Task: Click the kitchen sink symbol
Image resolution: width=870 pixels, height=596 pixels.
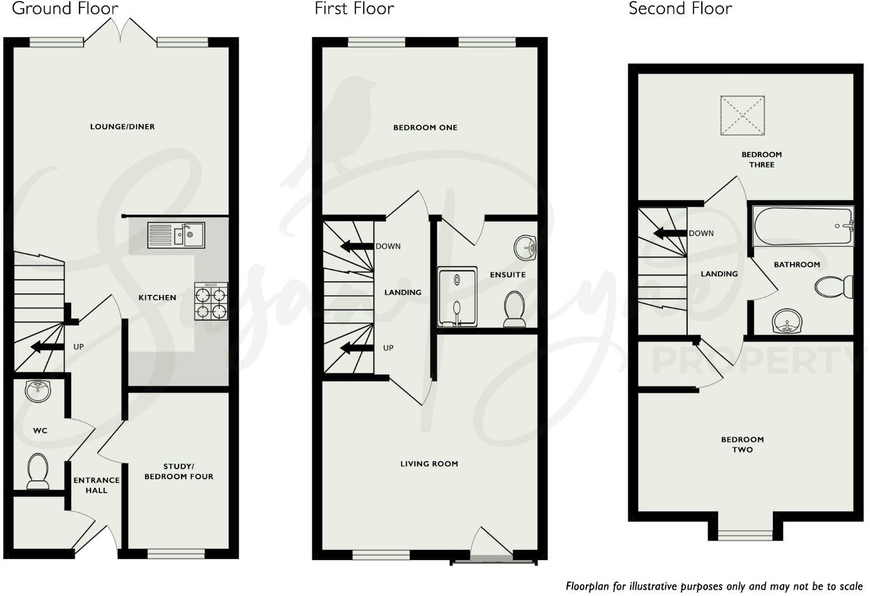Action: [176, 235]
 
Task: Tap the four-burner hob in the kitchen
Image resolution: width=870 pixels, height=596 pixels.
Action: [211, 301]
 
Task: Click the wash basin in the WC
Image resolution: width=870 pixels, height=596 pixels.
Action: [38, 390]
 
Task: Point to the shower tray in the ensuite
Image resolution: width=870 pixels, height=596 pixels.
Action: [457, 297]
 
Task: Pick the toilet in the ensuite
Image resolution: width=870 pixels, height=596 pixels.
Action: [514, 308]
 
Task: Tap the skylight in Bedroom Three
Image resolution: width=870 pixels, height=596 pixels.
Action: [743, 115]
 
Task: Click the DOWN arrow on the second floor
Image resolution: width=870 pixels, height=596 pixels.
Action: [670, 233]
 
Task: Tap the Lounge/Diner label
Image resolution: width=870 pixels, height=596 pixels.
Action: [122, 126]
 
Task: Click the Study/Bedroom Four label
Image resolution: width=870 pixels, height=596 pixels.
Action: [178, 472]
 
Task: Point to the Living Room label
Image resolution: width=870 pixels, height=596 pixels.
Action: [429, 463]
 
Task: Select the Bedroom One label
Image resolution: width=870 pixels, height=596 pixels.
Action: [425, 128]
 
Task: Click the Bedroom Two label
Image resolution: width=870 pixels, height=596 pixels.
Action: [742, 444]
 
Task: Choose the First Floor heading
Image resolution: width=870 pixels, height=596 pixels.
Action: [354, 8]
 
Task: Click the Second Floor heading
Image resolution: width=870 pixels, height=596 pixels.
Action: [680, 8]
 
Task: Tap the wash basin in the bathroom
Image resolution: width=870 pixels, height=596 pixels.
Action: [787, 321]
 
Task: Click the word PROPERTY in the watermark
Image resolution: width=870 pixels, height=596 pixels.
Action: [757, 361]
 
